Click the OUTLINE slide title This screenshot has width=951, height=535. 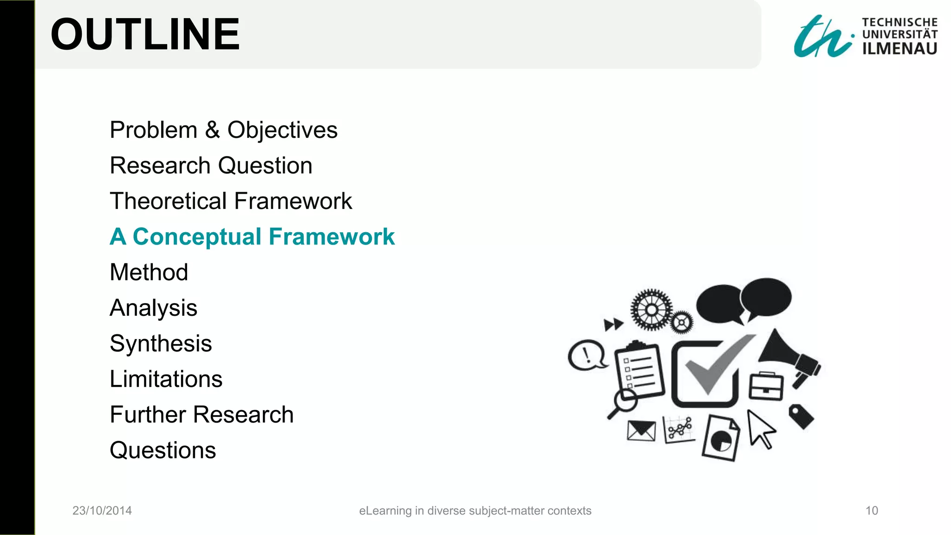(x=145, y=34)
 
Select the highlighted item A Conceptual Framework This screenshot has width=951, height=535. (x=252, y=237)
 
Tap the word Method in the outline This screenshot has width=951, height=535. (x=149, y=272)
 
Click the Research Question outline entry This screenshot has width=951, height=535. (x=211, y=166)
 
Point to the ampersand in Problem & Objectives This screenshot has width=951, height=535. (x=212, y=130)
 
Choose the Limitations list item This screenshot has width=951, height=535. (x=166, y=379)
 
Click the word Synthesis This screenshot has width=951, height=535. (x=161, y=344)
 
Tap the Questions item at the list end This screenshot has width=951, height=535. (x=163, y=450)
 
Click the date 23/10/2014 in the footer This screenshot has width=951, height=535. (x=102, y=510)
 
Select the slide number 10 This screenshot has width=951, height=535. (x=872, y=510)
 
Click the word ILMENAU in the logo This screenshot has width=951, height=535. (x=899, y=48)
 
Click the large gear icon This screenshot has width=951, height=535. (x=651, y=309)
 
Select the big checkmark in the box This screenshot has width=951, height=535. (x=715, y=369)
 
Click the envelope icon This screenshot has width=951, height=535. (x=641, y=431)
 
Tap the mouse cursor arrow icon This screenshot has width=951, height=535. (x=760, y=429)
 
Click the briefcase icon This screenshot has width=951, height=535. (x=766, y=386)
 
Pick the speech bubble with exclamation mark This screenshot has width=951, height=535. (x=587, y=355)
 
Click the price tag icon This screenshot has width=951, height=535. (x=801, y=416)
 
